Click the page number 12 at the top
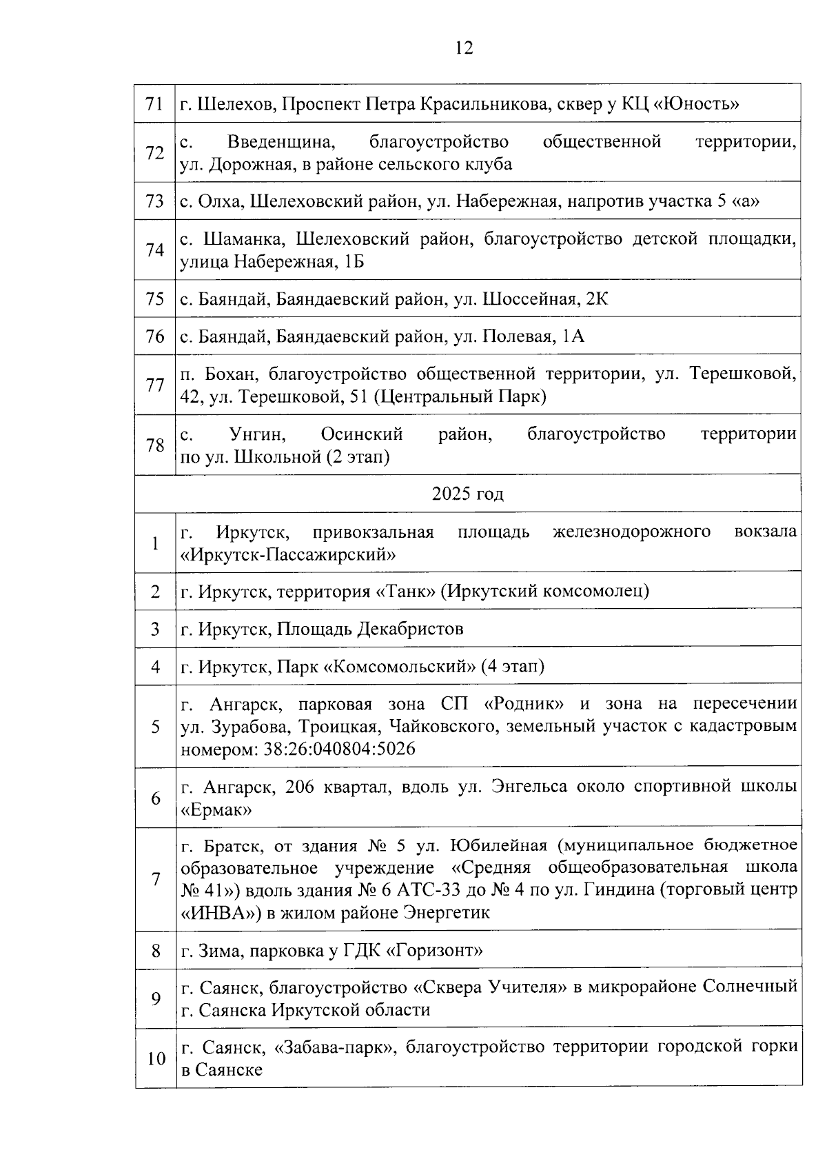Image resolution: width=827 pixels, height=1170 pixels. pyautogui.click(x=464, y=48)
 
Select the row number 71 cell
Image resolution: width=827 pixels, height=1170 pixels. pyautogui.click(x=155, y=104)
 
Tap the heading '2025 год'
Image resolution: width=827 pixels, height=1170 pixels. pyautogui.click(x=468, y=494)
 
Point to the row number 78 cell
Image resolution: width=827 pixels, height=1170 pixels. pyautogui.click(x=155, y=445)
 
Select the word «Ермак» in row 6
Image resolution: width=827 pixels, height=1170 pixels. pyautogui.click(x=216, y=809)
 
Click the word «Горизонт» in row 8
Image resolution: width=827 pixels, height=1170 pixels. pyautogui.click(x=435, y=951)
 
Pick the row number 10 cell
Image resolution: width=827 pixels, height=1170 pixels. pyautogui.click(x=156, y=1058)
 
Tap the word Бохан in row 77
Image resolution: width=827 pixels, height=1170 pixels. pyautogui.click(x=232, y=374)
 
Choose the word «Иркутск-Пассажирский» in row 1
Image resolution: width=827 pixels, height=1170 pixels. pyautogui.click(x=289, y=554)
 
